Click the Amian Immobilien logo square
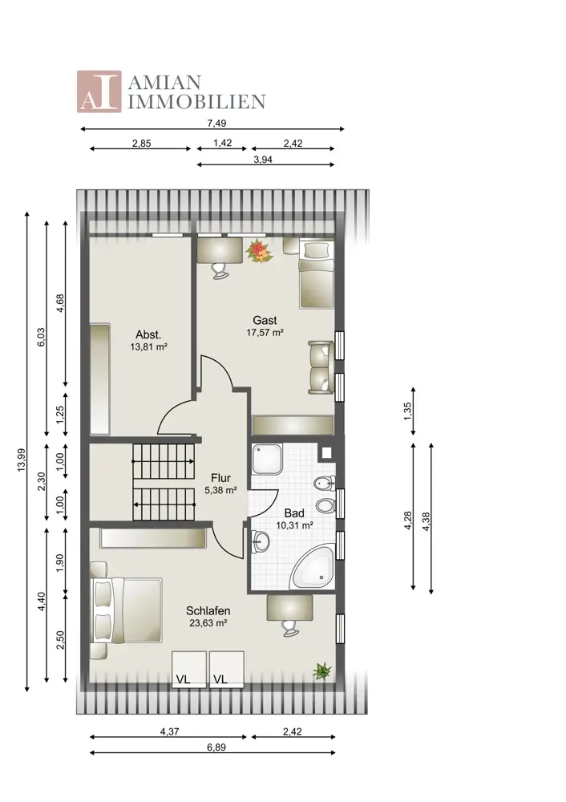coord(99,91)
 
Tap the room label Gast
coord(265,320)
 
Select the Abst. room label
coord(148,335)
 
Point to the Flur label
coord(221,478)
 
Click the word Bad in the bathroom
coord(294,513)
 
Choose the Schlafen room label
coord(208,610)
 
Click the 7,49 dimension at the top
coord(216,124)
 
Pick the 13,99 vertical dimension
coord(21,460)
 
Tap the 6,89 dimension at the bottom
coord(216,747)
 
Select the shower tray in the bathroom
coord(268,459)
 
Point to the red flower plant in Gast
coord(258,251)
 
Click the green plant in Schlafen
coord(322,670)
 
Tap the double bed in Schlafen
coord(126,610)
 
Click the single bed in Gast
coord(317,274)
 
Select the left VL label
coord(183,679)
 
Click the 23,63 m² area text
coord(208,623)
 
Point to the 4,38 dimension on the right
coord(427,521)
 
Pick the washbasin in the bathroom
coord(261,541)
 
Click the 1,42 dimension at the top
coord(222,143)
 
